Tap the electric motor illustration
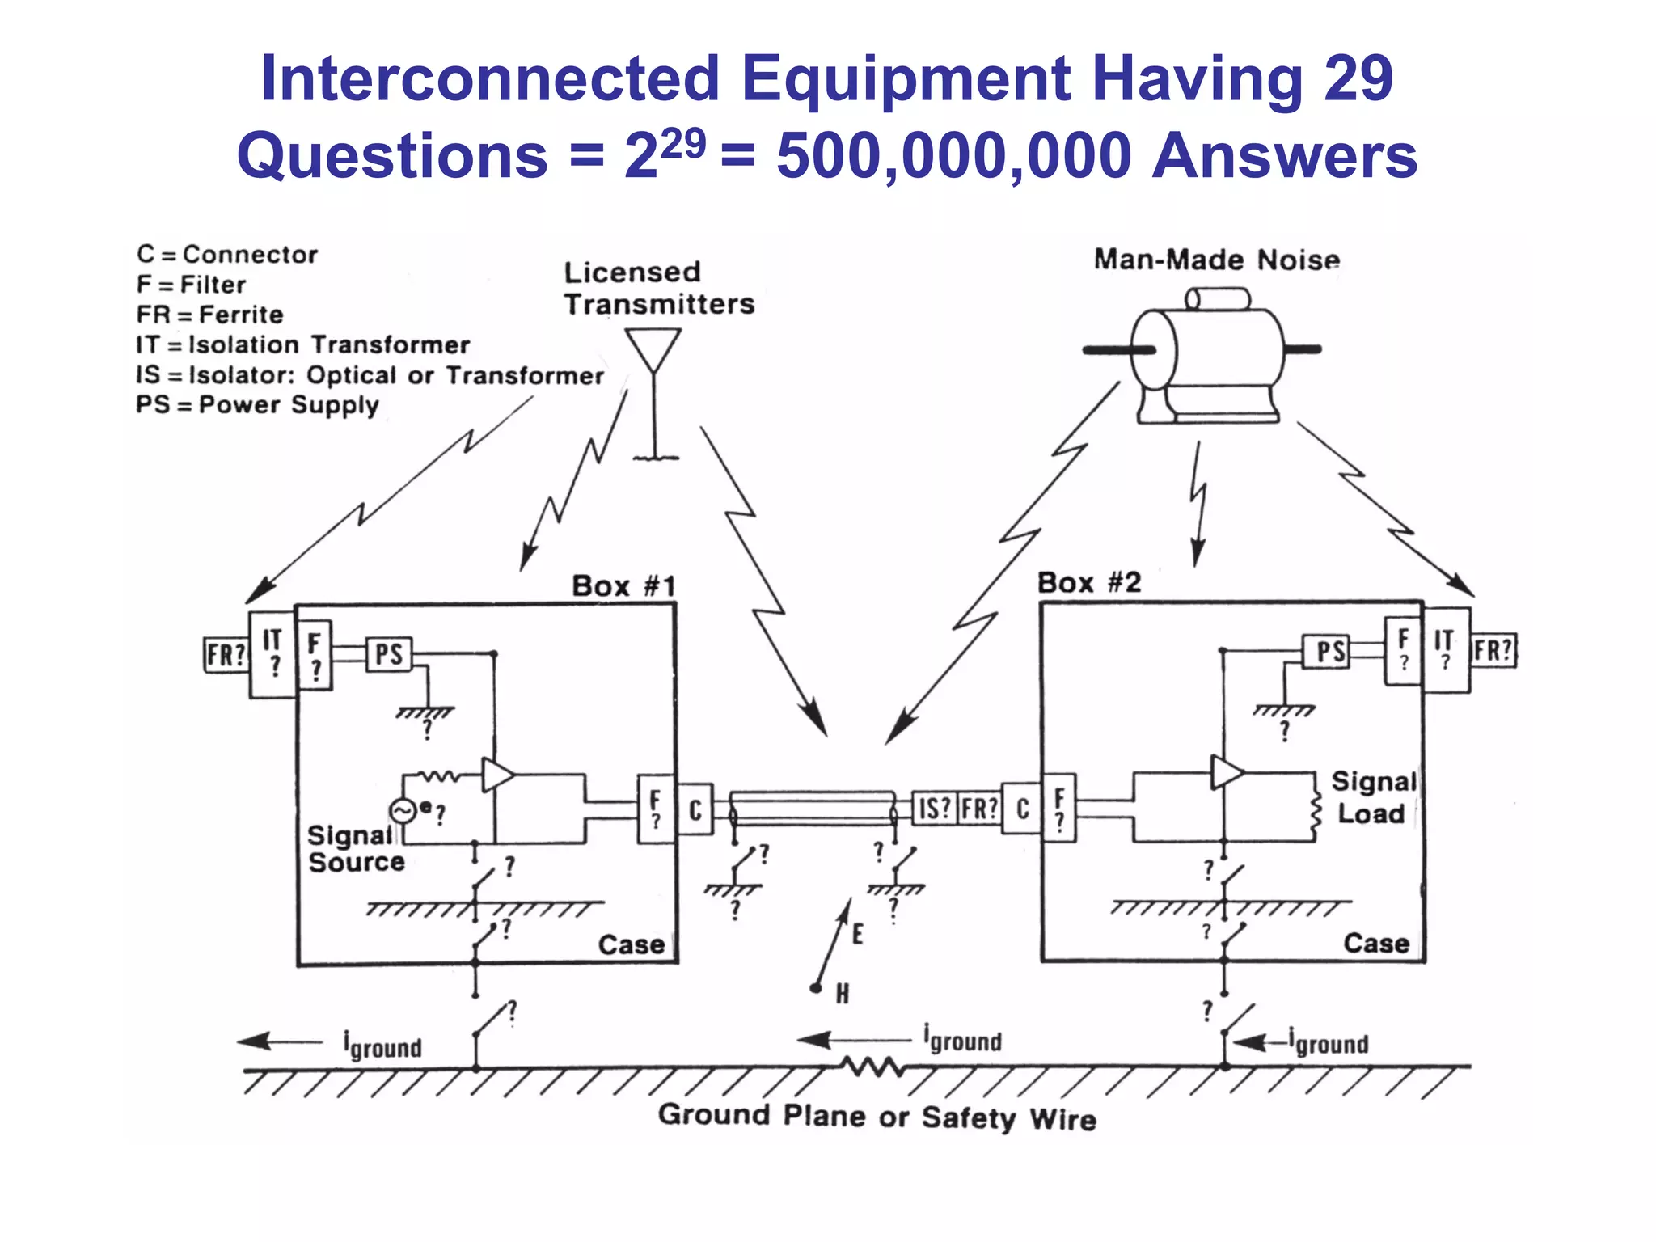tap(1205, 356)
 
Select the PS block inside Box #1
tap(389, 653)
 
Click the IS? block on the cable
tap(934, 808)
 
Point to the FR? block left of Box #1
tap(225, 654)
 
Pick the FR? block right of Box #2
tap(1493, 650)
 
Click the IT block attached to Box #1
tap(272, 653)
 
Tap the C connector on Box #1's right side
tap(695, 809)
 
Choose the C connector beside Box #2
tap(1022, 808)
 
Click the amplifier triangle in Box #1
tap(496, 775)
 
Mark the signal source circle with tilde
tap(402, 810)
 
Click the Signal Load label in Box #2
tap(1373, 797)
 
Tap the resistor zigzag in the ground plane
tap(872, 1067)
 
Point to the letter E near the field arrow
tap(857, 935)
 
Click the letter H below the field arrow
tap(842, 994)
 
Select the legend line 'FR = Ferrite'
tap(210, 315)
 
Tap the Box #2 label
tap(1088, 582)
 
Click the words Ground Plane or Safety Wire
tap(877, 1117)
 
